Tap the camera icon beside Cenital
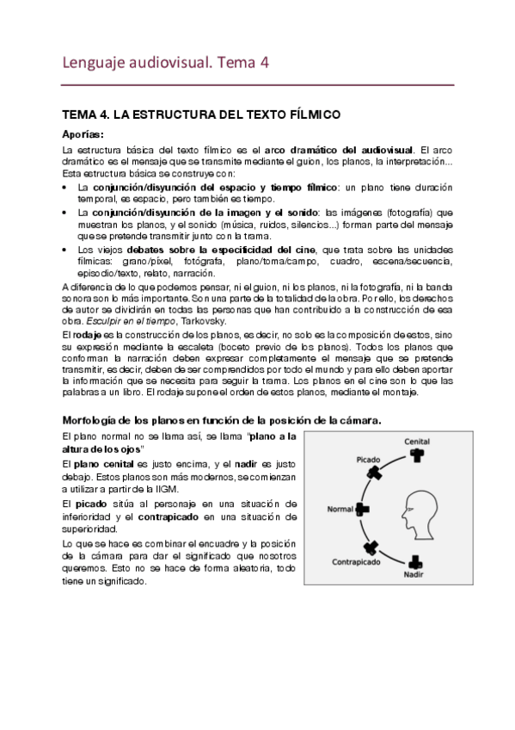pyautogui.click(x=418, y=455)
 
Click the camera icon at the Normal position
pyautogui.click(x=362, y=510)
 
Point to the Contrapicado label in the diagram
pyautogui.click(x=356, y=561)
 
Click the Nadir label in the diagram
pyautogui.click(x=418, y=574)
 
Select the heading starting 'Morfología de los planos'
pyautogui.click(x=223, y=419)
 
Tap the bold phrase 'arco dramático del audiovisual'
pyautogui.click(x=344, y=150)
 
